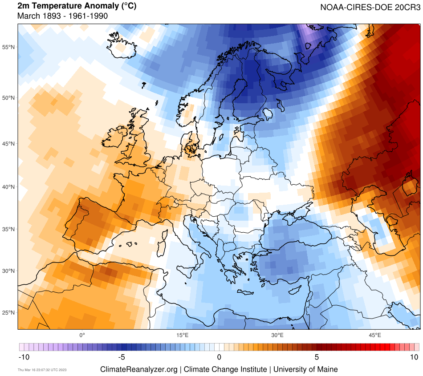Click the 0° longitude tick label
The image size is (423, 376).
(82, 335)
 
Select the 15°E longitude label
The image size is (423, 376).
(181, 335)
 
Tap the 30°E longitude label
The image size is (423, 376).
(277, 335)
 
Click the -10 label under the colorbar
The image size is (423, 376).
(24, 357)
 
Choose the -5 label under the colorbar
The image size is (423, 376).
(121, 357)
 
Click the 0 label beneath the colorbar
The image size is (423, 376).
(219, 357)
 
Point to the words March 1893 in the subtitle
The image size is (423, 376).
(36, 16)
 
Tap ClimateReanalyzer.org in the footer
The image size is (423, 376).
(139, 369)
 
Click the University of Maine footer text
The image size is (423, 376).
(305, 369)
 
